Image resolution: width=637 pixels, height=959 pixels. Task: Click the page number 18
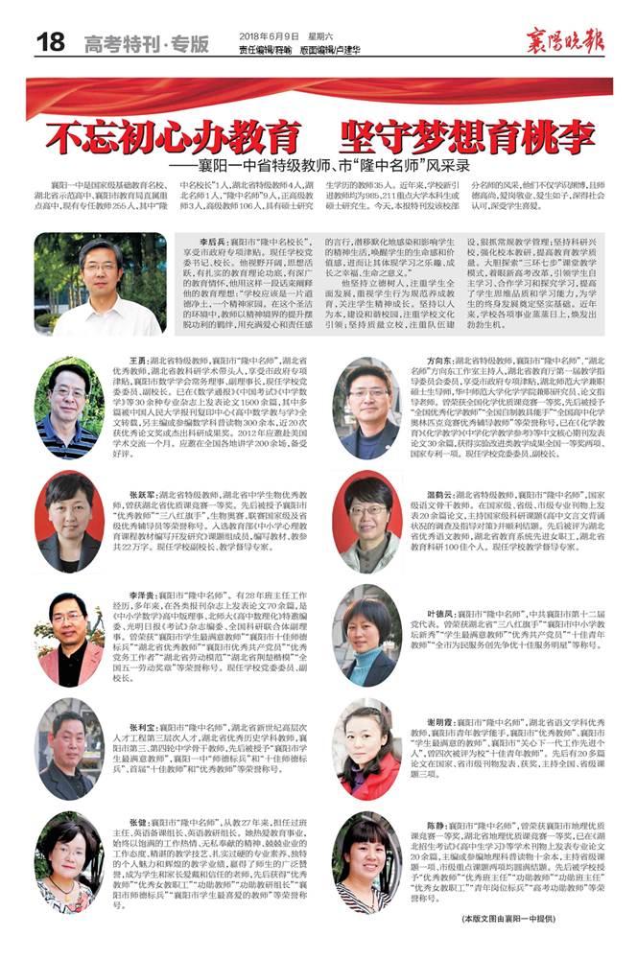click(x=50, y=43)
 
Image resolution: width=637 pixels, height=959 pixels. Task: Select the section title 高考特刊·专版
click(x=146, y=45)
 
